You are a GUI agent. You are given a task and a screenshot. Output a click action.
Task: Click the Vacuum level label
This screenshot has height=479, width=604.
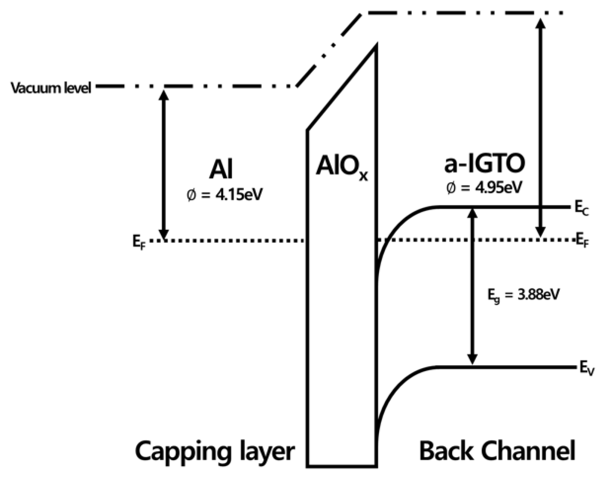click(51, 88)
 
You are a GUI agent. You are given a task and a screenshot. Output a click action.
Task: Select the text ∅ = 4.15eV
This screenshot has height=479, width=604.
click(224, 194)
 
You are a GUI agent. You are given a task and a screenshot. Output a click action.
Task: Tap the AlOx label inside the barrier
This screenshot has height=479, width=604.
click(342, 167)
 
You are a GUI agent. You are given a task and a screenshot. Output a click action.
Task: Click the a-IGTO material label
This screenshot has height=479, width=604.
click(484, 164)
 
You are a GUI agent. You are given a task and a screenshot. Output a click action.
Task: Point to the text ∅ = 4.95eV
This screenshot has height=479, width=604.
click(484, 188)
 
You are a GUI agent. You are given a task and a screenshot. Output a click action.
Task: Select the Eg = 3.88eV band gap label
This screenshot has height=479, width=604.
click(522, 295)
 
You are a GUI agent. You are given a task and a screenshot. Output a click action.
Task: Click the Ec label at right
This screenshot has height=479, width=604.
click(581, 209)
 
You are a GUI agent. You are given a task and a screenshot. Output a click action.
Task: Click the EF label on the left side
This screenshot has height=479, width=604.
click(139, 242)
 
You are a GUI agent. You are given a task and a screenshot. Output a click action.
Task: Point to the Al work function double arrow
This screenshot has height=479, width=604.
click(163, 163)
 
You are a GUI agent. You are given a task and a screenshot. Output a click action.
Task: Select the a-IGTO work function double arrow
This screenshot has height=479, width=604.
click(541, 126)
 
